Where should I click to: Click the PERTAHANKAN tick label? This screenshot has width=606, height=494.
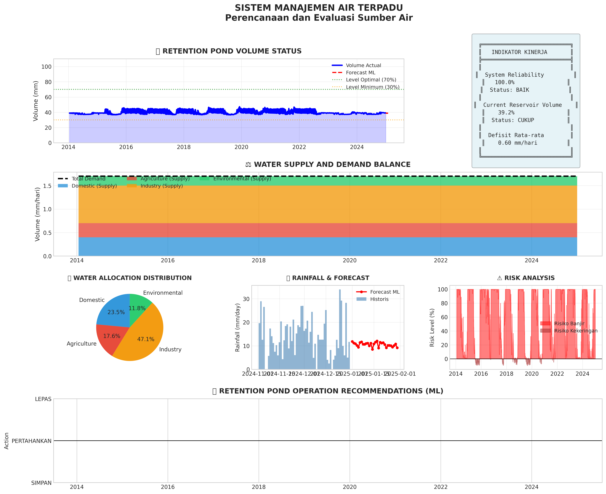32,441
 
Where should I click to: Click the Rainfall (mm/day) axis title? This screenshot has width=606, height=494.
238,327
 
